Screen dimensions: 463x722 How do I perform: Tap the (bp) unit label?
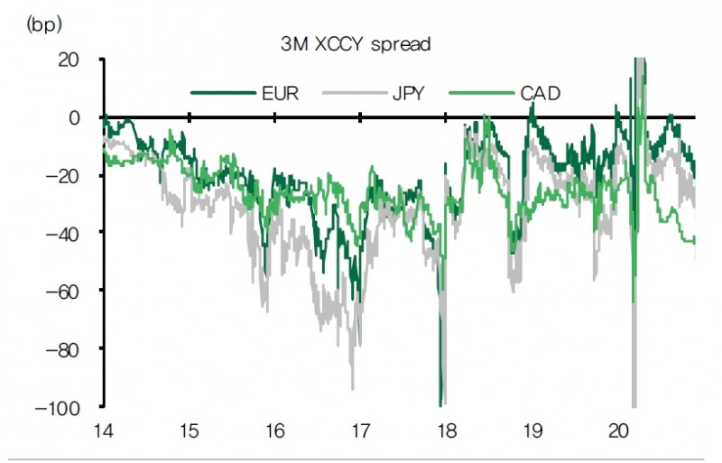tap(44, 23)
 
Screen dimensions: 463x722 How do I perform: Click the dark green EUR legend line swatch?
tap(220, 92)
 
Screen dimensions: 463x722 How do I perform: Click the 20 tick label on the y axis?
tap(70, 60)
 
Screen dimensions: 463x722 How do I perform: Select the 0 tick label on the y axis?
tap(76, 117)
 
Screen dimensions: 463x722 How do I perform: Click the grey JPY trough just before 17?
tap(353, 388)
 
